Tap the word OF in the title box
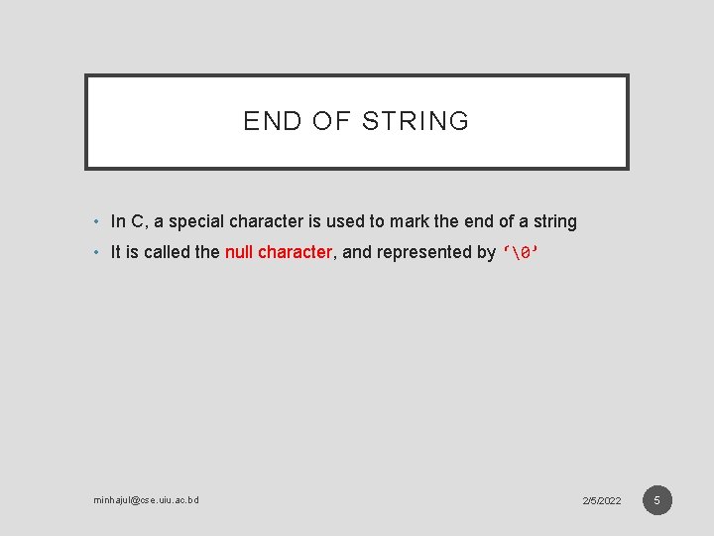[324, 122]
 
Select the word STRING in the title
[416, 122]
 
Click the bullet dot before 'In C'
[96, 222]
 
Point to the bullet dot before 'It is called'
[96, 252]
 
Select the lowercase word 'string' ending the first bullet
[554, 221]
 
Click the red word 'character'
[295, 252]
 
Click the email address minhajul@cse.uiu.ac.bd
[146, 500]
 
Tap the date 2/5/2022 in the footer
[602, 500]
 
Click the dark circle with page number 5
[656, 499]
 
